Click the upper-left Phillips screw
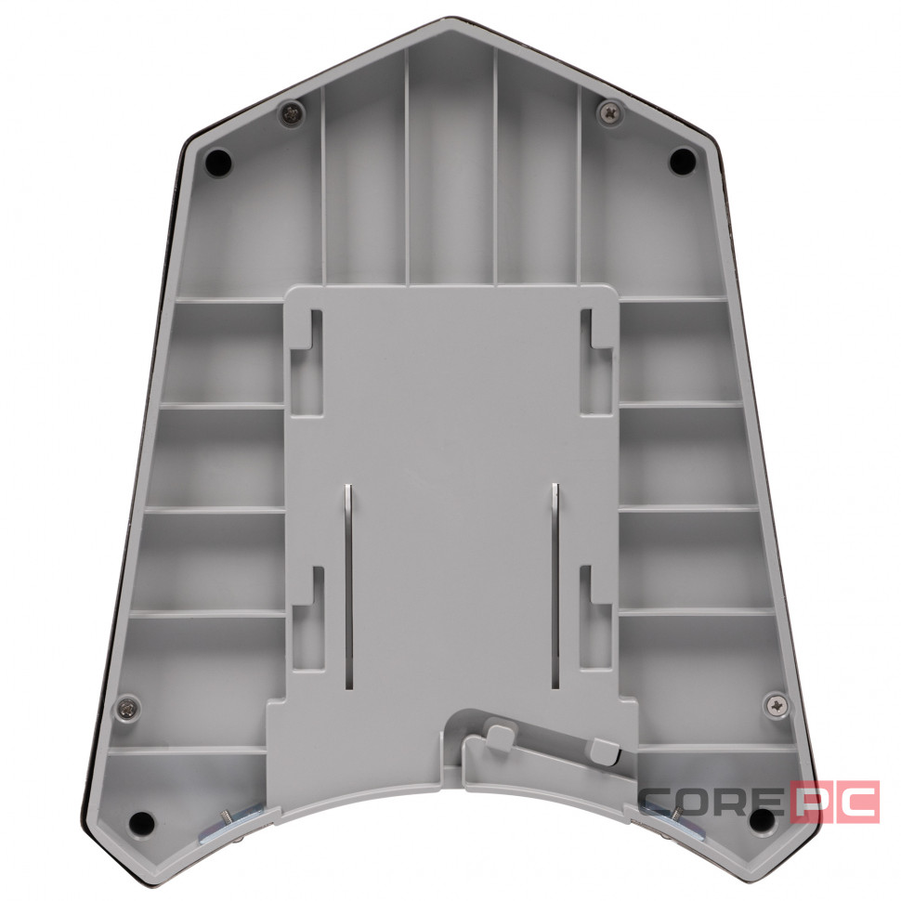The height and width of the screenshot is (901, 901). coord(293,112)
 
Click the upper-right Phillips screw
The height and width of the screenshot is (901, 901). coord(611,111)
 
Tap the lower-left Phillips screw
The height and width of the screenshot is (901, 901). coord(127,709)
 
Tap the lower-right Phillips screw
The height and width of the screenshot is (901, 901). coord(777,705)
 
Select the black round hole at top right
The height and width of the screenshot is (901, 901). coord(682,161)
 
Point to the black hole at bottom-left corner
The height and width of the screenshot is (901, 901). coord(141,823)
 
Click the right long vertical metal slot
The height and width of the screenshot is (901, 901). coord(555,585)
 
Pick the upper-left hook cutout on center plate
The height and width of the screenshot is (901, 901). coord(307,362)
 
